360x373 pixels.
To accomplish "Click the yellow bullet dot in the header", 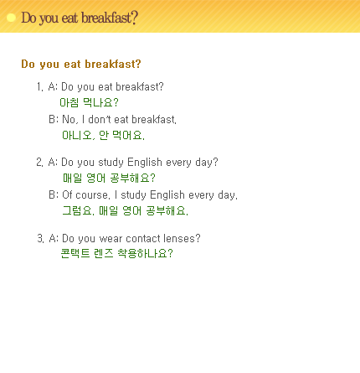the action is click(11, 18).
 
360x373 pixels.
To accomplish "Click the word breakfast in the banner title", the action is click(107, 18).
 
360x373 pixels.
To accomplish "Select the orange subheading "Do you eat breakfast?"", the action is click(81, 65).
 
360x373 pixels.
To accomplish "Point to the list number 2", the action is click(39, 163).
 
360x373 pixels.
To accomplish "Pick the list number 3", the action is click(40, 238).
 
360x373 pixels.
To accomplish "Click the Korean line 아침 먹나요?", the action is click(90, 102).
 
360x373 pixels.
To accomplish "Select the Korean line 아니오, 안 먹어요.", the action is click(103, 135).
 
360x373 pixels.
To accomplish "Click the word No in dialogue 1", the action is click(69, 120).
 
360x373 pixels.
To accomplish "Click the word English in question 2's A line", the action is click(145, 163).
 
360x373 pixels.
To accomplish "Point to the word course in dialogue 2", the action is click(92, 195).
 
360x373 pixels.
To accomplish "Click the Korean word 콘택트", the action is click(75, 253).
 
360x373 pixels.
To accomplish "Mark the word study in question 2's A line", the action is click(111, 163).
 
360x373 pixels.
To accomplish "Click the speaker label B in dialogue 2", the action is click(52, 194).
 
